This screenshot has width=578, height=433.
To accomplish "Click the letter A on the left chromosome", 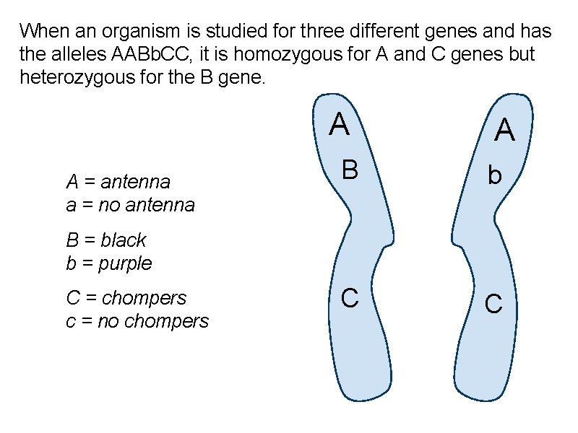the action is pos(340,125).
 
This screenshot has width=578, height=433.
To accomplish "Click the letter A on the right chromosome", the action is pos(504,131).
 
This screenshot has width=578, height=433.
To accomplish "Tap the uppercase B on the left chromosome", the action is pos(350,170).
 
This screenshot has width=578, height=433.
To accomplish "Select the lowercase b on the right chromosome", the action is pos(494,175).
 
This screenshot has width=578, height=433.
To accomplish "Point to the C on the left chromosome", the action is pos(350,297).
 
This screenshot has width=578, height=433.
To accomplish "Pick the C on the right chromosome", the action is pos(493,304).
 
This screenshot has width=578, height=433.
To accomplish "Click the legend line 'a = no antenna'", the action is pos(130,205).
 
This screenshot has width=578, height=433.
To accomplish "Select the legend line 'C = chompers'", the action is pos(126,297).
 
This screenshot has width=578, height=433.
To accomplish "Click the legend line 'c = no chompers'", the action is pos(137,321).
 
